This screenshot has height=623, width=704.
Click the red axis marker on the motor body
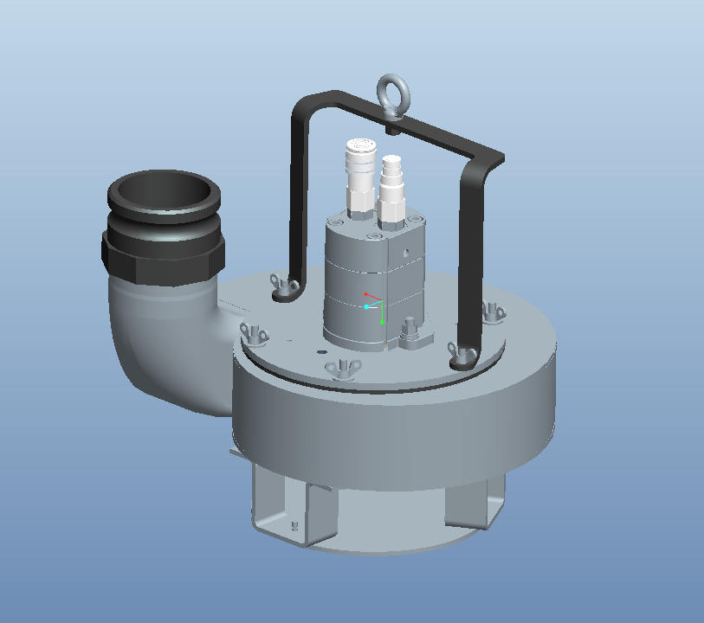(x=366, y=295)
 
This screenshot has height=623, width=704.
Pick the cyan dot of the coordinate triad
(x=366, y=307)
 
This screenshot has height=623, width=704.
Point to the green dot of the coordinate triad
(x=382, y=322)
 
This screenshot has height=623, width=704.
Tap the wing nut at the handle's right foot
(x=455, y=351)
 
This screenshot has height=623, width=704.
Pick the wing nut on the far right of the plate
(x=491, y=310)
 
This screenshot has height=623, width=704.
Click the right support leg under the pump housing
(x=473, y=502)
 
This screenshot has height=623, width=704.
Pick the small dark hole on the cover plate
(x=322, y=352)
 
